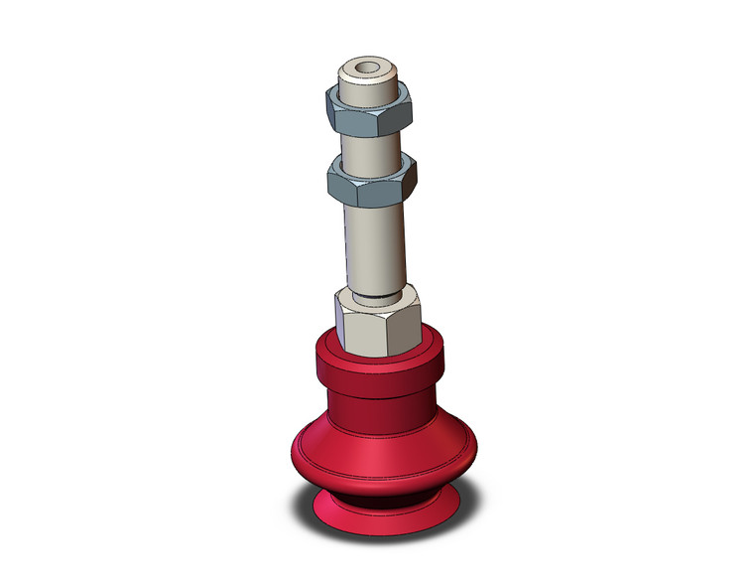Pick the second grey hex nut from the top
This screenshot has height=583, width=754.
pos(371,180)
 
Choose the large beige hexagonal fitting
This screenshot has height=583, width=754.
pos(378,323)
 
